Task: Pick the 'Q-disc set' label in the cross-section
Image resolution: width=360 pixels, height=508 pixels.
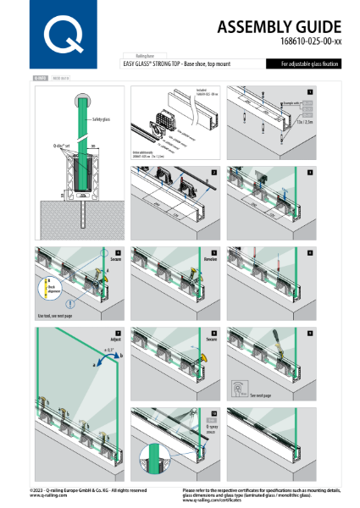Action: [62, 146]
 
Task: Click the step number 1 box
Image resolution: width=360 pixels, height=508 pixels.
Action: [310, 91]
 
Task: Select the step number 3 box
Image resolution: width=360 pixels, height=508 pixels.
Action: [310, 172]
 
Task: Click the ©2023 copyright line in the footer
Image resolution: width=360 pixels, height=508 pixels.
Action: [88, 489]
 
